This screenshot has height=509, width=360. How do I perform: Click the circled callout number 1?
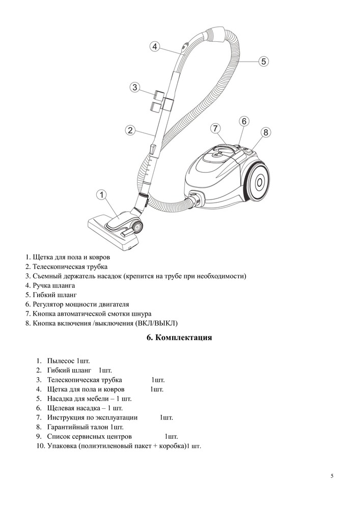click(x=102, y=195)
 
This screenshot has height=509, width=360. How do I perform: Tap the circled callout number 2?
click(x=130, y=130)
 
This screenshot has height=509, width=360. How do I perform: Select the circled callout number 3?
click(x=134, y=87)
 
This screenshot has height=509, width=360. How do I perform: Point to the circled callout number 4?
click(x=155, y=46)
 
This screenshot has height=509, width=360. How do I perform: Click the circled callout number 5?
click(x=263, y=62)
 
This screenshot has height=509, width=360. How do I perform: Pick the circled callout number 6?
click(x=244, y=121)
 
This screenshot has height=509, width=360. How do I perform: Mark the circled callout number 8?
click(x=265, y=132)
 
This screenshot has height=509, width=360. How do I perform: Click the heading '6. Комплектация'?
click(x=179, y=338)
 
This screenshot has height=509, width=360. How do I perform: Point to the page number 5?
click(x=331, y=476)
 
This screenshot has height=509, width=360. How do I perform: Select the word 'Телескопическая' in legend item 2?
click(x=58, y=267)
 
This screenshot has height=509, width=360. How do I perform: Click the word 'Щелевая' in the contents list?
click(x=61, y=408)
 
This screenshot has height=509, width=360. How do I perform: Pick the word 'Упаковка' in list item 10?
click(x=62, y=446)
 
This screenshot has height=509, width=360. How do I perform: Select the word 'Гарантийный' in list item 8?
click(x=69, y=427)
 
